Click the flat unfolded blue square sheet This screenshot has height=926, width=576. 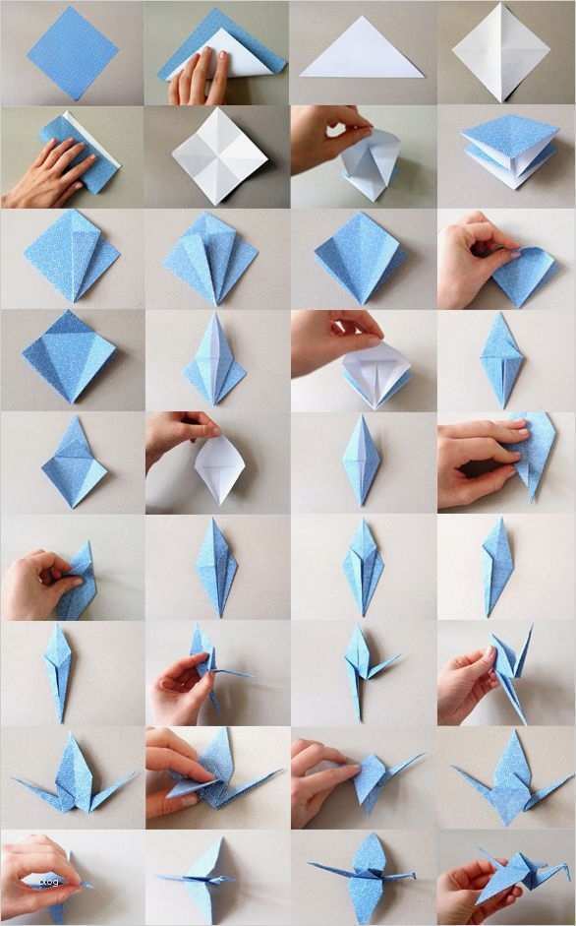(x=72, y=53)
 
